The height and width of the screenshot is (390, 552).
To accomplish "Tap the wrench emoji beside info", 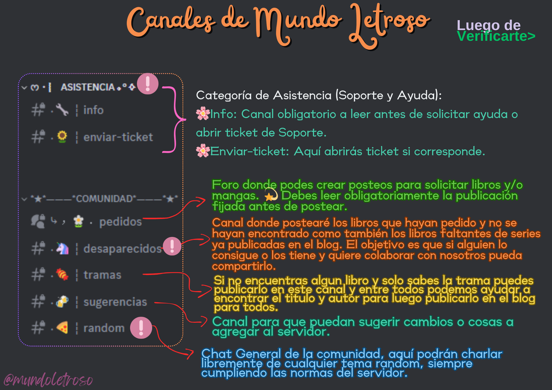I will (62, 110).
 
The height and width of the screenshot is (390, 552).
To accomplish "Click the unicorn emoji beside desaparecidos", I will (62, 249).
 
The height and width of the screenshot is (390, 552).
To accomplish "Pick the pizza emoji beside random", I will (62, 328).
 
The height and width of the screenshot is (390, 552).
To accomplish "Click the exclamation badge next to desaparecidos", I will (172, 246).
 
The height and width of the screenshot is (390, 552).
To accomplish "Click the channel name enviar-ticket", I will (118, 137).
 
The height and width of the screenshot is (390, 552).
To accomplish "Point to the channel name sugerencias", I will (115, 302).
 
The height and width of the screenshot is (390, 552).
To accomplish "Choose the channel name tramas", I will (102, 275).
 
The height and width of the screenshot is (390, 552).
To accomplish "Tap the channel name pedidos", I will (120, 222).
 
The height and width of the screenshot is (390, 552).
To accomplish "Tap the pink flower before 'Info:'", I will (202, 114).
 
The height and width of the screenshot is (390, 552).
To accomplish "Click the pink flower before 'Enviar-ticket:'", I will (202, 151).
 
